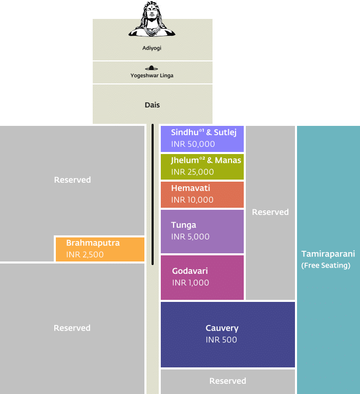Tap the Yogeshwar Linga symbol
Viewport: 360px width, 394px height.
[x=152, y=68]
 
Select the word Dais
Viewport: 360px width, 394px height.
[x=152, y=105]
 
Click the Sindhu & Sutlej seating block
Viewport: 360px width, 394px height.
[x=202, y=139]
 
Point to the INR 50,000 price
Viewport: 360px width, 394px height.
[x=193, y=144]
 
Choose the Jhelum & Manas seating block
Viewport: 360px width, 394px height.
[x=202, y=166]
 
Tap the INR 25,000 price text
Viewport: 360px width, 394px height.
[x=193, y=172]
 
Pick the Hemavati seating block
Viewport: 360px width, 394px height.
[x=202, y=194]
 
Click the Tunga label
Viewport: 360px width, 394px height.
[x=183, y=225]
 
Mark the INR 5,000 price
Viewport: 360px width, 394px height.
[x=190, y=237]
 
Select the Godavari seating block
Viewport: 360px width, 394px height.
[x=202, y=277]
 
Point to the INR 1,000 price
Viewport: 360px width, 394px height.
[x=190, y=283]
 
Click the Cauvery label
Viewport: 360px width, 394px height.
[x=222, y=328]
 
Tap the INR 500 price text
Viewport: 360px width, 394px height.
[x=221, y=340]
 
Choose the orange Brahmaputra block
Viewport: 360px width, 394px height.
[x=100, y=249]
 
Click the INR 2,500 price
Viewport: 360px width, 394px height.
[x=85, y=254]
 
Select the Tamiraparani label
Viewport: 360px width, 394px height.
[x=328, y=254]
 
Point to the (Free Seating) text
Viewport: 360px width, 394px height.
[x=326, y=266]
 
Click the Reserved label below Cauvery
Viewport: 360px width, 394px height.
[x=228, y=381]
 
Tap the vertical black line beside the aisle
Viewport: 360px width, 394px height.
[x=153, y=194]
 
